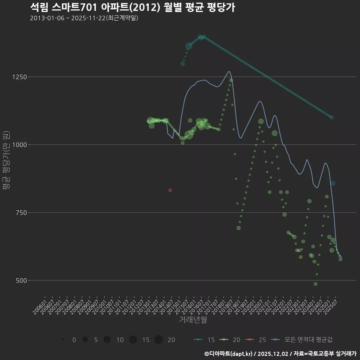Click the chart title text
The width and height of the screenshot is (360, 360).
tap(132, 7)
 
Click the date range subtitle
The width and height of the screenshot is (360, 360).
tap(84, 18)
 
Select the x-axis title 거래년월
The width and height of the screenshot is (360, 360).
tap(193, 320)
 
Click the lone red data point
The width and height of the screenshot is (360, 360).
tap(170, 190)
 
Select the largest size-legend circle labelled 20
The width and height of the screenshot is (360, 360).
tap(159, 340)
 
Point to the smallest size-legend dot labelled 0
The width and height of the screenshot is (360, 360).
tap(63, 340)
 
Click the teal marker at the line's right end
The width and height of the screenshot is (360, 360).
tap(331, 117)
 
